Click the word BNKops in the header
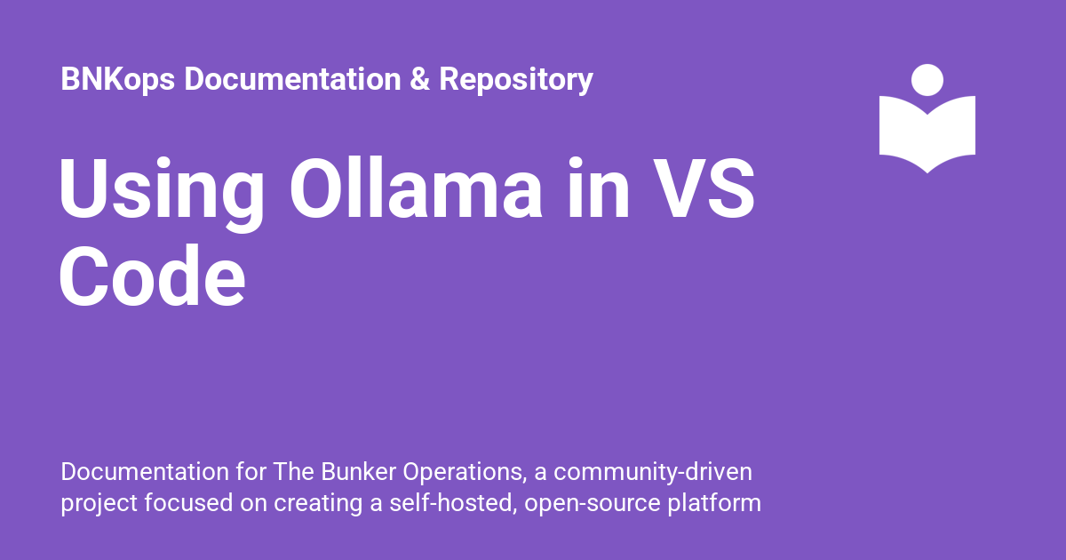pyautogui.click(x=117, y=79)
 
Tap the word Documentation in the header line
pyautogui.click(x=292, y=79)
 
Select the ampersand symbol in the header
pyautogui.click(x=419, y=79)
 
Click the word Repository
pyautogui.click(x=516, y=80)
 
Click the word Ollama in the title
pyautogui.click(x=416, y=188)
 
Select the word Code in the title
pyautogui.click(x=152, y=276)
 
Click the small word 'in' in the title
pyautogui.click(x=599, y=188)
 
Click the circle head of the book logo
pyautogui.click(x=927, y=80)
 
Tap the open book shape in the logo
pyautogui.click(x=927, y=135)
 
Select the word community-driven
pyautogui.click(x=653, y=473)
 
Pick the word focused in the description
pyautogui.click(x=188, y=503)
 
